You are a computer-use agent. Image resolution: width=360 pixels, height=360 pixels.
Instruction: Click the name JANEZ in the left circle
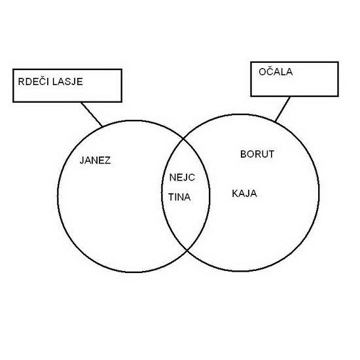click(x=95, y=160)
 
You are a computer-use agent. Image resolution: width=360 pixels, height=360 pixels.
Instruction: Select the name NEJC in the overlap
click(x=182, y=177)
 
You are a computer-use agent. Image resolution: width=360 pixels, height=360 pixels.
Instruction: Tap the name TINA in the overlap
click(x=179, y=197)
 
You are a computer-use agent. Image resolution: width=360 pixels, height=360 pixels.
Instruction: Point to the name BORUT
click(x=257, y=154)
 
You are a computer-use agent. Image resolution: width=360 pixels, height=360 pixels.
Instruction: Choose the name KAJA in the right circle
click(x=245, y=194)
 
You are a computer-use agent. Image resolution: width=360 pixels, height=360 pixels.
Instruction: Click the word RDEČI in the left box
click(x=34, y=82)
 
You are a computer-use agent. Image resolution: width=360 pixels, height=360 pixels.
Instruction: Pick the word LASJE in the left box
click(x=67, y=82)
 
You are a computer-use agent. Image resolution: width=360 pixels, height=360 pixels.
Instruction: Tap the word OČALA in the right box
click(x=276, y=71)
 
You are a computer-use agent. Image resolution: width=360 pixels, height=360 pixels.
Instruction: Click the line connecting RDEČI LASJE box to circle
click(x=92, y=114)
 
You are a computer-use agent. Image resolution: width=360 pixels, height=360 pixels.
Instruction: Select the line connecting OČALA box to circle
click(x=283, y=109)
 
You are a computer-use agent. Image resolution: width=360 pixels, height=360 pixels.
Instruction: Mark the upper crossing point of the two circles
click(x=183, y=139)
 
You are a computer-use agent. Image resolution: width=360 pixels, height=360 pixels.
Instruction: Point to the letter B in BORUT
click(x=243, y=154)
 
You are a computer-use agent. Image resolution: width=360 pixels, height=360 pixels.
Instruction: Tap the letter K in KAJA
click(x=235, y=194)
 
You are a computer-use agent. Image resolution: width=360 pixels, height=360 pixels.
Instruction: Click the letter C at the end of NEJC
click(x=192, y=177)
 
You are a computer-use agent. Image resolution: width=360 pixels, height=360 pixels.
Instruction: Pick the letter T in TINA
click(x=171, y=197)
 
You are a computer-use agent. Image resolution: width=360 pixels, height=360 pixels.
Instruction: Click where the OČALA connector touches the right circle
click(x=276, y=121)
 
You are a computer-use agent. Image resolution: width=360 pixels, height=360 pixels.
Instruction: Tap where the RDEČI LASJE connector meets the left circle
click(x=102, y=126)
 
